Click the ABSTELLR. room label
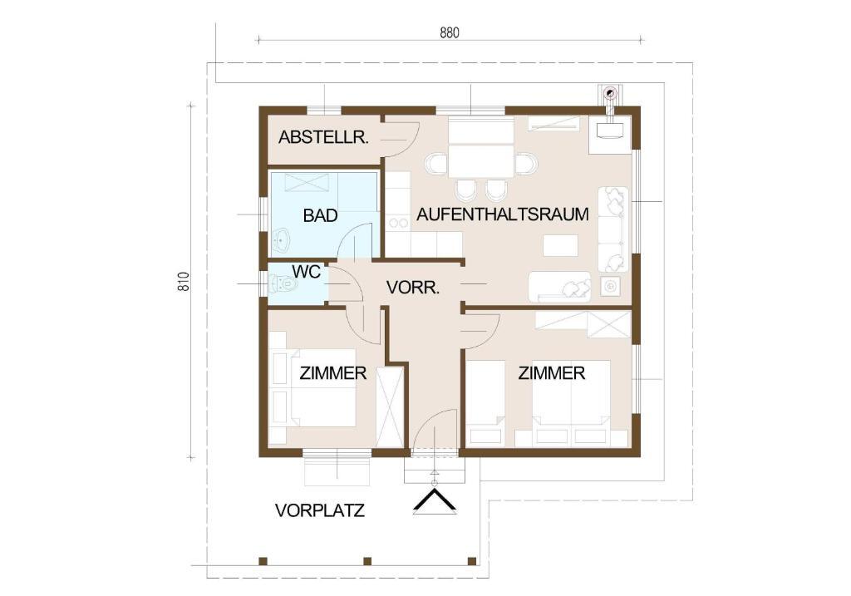pyautogui.click(x=323, y=137)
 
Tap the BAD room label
pyautogui.click(x=320, y=215)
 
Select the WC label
pyautogui.click(x=307, y=272)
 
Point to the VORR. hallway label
pyautogui.click(x=413, y=287)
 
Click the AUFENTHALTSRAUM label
pyautogui.click(x=503, y=214)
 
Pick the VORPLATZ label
pyautogui.click(x=320, y=510)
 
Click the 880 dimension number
pyautogui.click(x=450, y=33)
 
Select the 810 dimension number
pyautogui.click(x=184, y=281)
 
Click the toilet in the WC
pyautogui.click(x=282, y=283)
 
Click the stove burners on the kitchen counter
pyautogui.click(x=398, y=223)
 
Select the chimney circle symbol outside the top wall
pyautogui.click(x=611, y=93)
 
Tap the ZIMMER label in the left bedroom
pyautogui.click(x=333, y=373)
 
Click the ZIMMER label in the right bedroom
pyautogui.click(x=552, y=373)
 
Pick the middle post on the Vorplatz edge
pyautogui.click(x=366, y=561)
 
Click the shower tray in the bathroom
pyautogui.click(x=307, y=182)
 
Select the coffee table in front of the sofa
pyautogui.click(x=561, y=245)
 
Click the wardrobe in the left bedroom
pyautogui.click(x=391, y=407)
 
